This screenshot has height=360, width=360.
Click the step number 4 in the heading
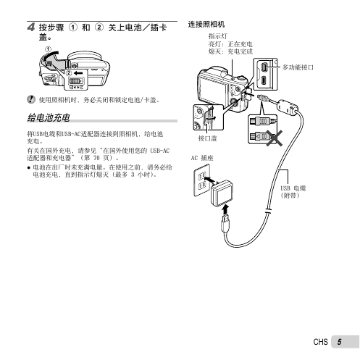tap(30, 27)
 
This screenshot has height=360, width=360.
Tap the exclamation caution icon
tap(30, 99)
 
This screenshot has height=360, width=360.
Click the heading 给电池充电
tap(49, 117)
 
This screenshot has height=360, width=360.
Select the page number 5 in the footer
tap(339, 342)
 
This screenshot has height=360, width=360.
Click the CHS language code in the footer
tap(320, 342)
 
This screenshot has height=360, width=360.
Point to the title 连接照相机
tap(206, 25)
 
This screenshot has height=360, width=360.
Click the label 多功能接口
tap(298, 67)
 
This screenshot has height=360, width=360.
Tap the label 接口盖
tap(207, 138)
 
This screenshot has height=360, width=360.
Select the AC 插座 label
tap(202, 158)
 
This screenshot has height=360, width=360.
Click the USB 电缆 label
tap(293, 188)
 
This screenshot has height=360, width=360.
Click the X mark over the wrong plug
tap(275, 138)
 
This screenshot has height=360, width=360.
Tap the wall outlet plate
tap(201, 180)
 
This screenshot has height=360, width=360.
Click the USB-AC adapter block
tap(222, 193)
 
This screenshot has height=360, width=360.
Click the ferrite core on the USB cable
tap(288, 106)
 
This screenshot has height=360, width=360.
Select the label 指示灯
tap(218, 36)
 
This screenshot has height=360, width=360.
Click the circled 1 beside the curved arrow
tap(49, 49)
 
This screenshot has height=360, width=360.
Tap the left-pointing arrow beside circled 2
tap(78, 73)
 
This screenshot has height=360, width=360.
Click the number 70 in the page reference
tap(96, 158)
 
